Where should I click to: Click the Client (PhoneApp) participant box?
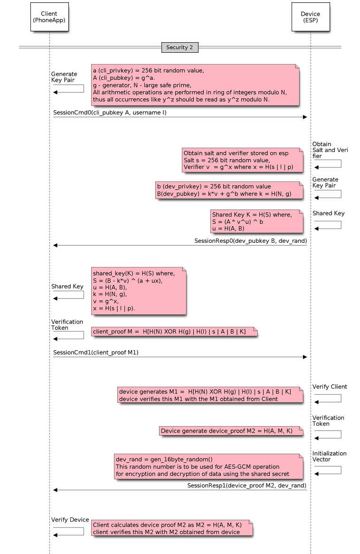(x=49, y=17)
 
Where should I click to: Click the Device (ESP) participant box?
(x=310, y=17)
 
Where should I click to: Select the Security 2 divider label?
(x=180, y=48)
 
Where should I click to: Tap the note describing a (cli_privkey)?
(x=195, y=85)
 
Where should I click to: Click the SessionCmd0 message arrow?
(x=180, y=117)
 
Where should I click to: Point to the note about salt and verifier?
(x=242, y=160)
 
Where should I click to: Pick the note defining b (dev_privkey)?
(x=228, y=190)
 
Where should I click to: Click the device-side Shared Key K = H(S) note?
(x=256, y=221)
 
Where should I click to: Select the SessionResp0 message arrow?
(x=180, y=245)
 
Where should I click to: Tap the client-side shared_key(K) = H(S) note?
(x=138, y=290)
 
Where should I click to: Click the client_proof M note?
(x=174, y=331)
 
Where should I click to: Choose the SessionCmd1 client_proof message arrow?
(x=180, y=357)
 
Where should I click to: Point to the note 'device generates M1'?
(x=209, y=395)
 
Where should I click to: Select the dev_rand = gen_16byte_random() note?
(x=208, y=466)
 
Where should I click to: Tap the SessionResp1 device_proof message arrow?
(x=180, y=490)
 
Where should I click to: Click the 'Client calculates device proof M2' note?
(x=171, y=528)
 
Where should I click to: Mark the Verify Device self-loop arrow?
(x=68, y=531)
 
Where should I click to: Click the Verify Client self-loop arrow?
(x=328, y=398)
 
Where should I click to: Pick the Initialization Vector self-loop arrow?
(x=328, y=469)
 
